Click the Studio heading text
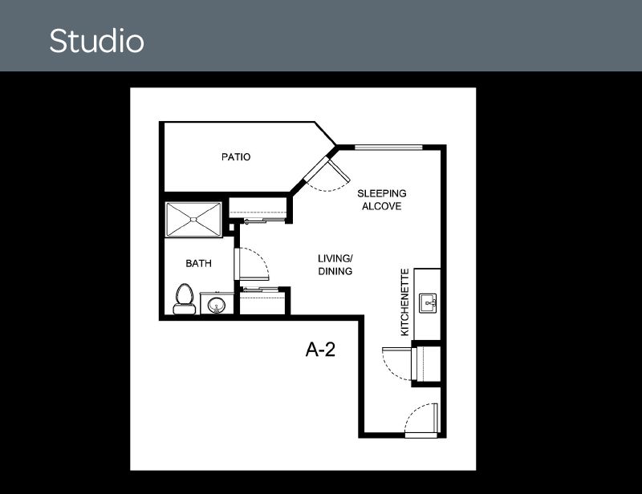coord(96,41)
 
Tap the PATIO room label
coord(236,156)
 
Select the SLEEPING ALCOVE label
coord(382,200)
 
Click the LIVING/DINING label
coord(335,265)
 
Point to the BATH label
coord(198,263)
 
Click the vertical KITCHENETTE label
coord(404,302)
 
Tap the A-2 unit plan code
coord(320,350)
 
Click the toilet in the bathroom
coord(185,299)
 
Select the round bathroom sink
coord(216,305)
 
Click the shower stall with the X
coord(193,220)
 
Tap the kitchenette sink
coord(428,303)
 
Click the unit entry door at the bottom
coord(421,419)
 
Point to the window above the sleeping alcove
coord(388,148)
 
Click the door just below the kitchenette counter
coord(396,363)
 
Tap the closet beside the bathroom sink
coord(262,301)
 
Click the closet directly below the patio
coord(258,209)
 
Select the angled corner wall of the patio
coord(326,133)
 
